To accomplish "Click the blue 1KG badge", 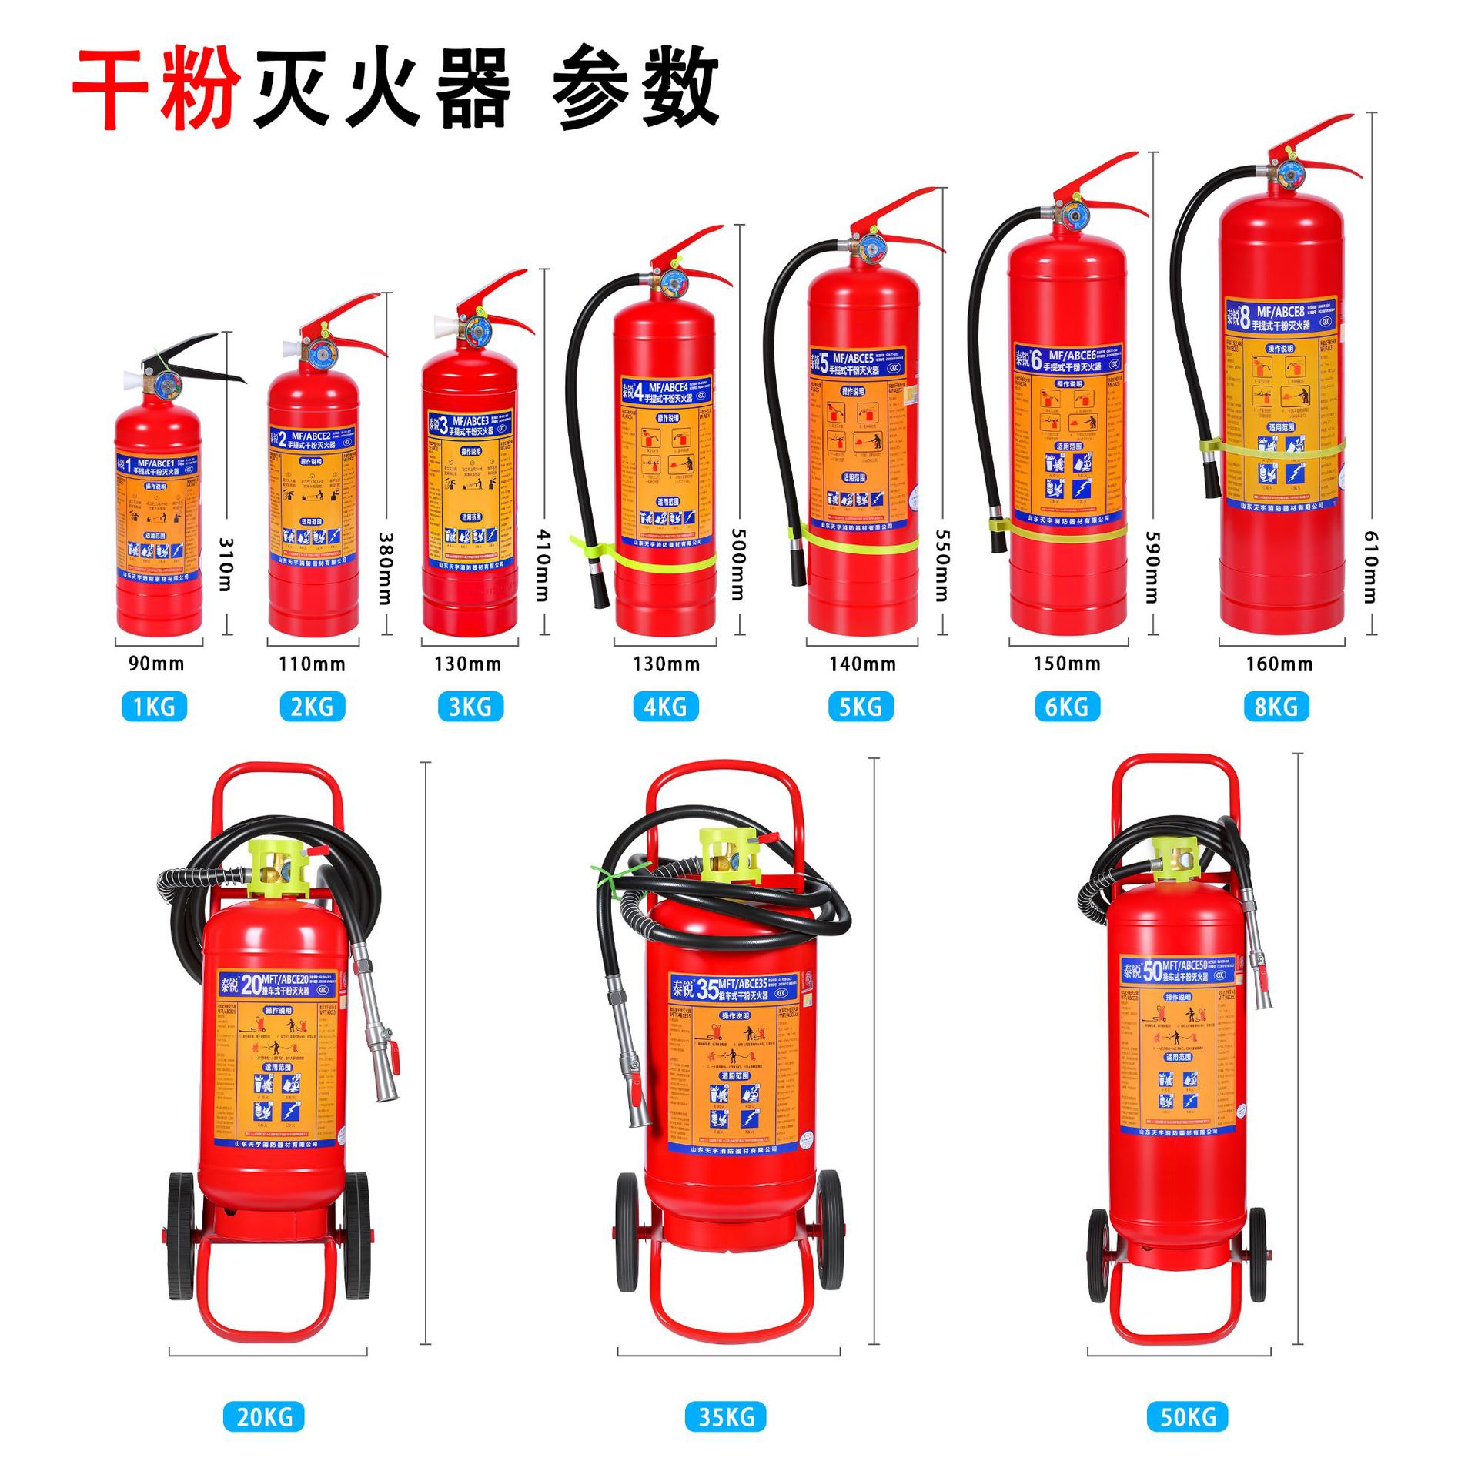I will (154, 706).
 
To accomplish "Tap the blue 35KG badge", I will (725, 1416).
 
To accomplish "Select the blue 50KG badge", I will (1188, 1416).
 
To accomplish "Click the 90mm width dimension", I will (156, 664).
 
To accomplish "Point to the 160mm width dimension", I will (1279, 664).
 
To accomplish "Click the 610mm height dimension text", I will (1370, 566).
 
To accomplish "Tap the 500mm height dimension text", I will (737, 564).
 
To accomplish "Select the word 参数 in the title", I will (635, 86).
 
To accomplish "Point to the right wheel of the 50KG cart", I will (1257, 1254).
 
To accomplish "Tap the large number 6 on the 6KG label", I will (1036, 359).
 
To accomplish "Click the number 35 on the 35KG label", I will (706, 989).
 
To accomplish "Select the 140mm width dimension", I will (862, 664).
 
